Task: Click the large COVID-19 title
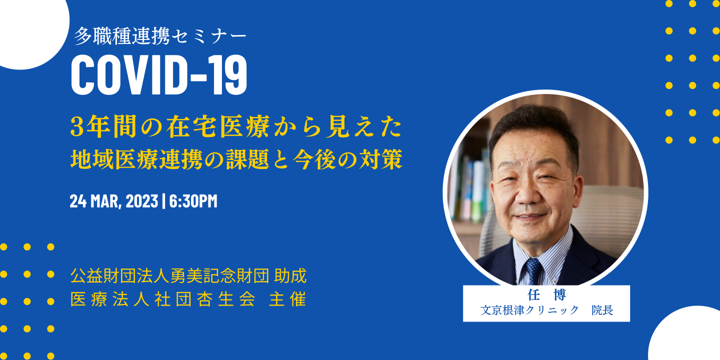[x=159, y=75]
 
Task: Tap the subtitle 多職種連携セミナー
[x=160, y=36]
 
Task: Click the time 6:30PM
[x=193, y=201]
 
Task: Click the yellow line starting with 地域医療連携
[x=236, y=160]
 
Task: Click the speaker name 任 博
[x=546, y=295]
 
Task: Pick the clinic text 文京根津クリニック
[x=529, y=310]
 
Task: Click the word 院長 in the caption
[x=602, y=310]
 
